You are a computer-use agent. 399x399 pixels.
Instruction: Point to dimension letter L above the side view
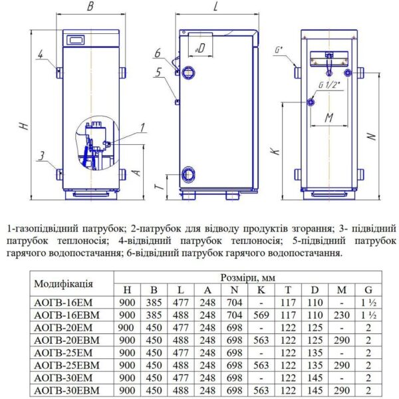pos(217,7)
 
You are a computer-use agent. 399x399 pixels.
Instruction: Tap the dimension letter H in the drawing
pos(24,126)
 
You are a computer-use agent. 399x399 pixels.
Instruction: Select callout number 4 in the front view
pos(41,55)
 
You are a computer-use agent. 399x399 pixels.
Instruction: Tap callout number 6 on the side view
pos(158,53)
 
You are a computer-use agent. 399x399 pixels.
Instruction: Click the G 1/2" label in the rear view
pos(329,85)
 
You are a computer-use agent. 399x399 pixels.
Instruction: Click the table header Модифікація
pos(63,283)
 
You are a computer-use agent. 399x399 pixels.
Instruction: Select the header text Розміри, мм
pos(246,277)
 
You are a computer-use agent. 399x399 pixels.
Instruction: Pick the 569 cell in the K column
pos(261,314)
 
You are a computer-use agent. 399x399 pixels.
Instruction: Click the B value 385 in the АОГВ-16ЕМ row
pos(154,301)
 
